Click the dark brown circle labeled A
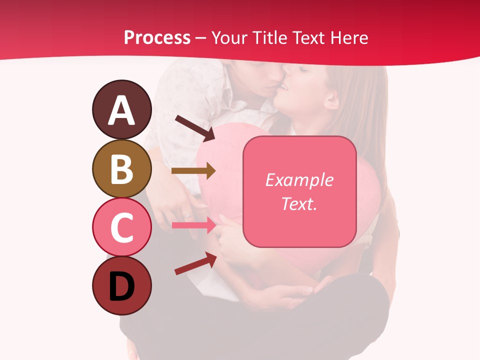click(x=121, y=109)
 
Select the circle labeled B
click(x=121, y=168)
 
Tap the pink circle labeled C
click(x=121, y=227)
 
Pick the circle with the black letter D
click(x=121, y=286)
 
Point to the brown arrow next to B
click(x=193, y=171)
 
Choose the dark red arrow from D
click(x=195, y=263)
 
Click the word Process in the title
click(x=157, y=37)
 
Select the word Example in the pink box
click(x=299, y=180)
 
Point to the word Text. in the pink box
click(x=299, y=203)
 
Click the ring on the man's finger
click(x=187, y=216)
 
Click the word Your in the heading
click(x=229, y=37)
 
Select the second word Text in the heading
click(x=307, y=37)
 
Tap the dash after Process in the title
click(x=200, y=38)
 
